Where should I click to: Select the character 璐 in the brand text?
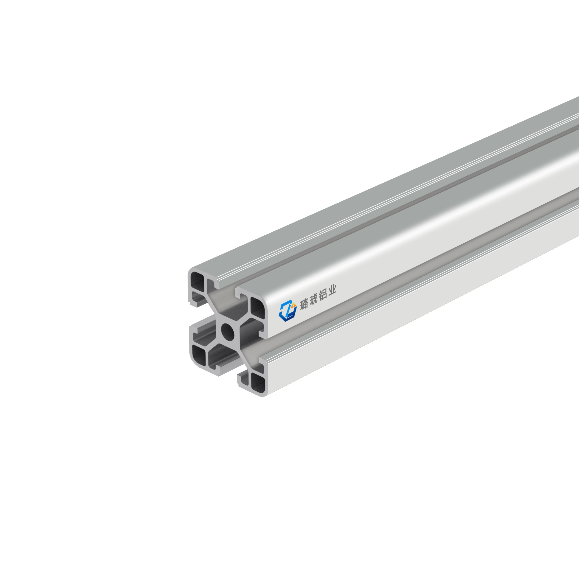304,304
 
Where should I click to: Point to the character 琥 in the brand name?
313,300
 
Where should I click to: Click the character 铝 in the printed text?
323,295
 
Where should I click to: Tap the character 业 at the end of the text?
332,291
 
